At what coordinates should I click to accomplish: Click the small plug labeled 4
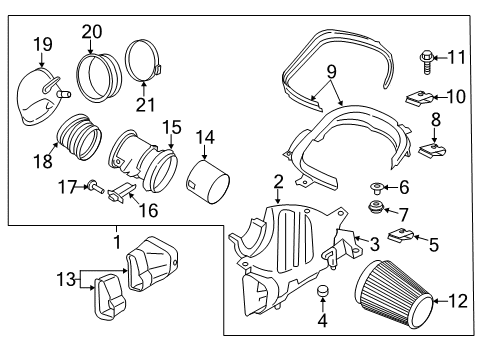click(x=322, y=291)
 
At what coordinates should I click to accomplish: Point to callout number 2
click(x=278, y=181)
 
